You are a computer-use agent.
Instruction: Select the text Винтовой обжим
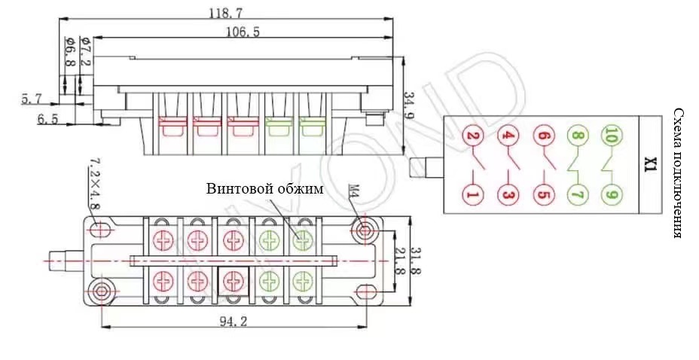[264, 189]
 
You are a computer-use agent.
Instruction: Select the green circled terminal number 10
[611, 137]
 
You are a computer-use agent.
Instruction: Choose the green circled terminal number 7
[577, 194]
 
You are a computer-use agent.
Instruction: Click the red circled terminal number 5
[542, 194]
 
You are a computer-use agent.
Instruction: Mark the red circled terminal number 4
[508, 137]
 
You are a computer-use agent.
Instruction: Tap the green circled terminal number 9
[611, 194]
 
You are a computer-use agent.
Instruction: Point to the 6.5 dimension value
[47, 119]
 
